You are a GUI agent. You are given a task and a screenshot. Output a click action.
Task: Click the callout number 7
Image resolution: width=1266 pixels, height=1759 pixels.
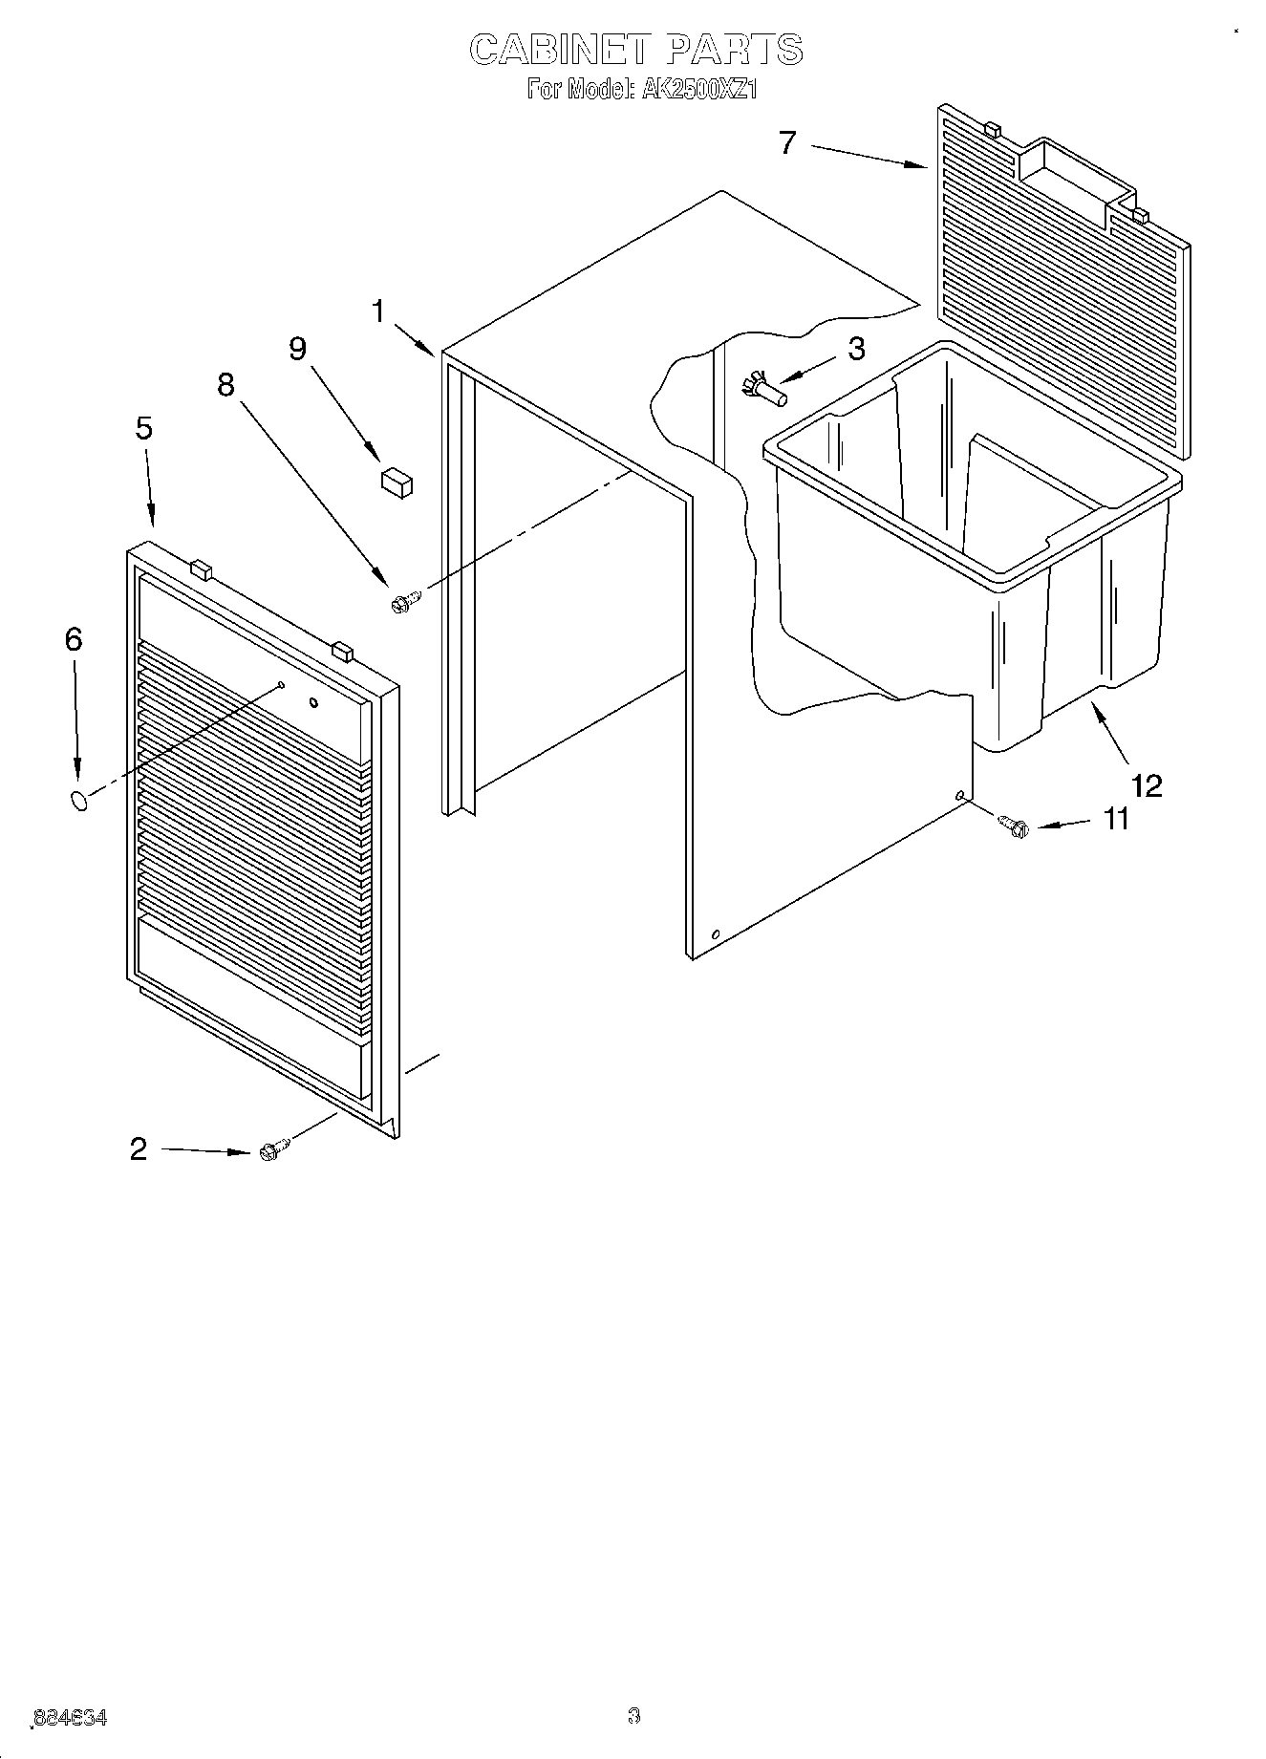point(786,143)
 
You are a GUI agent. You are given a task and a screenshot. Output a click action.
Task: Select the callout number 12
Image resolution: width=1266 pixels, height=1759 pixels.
point(1147,785)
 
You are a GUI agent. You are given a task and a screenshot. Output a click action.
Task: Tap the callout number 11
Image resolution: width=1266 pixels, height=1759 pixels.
point(1115,819)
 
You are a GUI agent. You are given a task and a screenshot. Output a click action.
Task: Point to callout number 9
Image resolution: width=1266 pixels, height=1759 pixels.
point(298,350)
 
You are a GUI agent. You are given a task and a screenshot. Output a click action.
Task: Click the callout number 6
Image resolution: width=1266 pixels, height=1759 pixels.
point(74,639)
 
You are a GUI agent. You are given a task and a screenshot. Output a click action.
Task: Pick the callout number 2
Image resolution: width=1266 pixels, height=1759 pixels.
point(139,1149)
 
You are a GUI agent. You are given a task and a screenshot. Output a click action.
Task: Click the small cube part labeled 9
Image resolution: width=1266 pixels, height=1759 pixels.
point(397,482)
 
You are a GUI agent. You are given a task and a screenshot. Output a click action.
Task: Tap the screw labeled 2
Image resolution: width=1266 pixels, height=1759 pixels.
point(272,1150)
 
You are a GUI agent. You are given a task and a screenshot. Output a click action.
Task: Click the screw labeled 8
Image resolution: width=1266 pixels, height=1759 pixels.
point(405,601)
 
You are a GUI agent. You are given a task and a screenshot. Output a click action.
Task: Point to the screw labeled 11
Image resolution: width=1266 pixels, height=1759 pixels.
point(1012,825)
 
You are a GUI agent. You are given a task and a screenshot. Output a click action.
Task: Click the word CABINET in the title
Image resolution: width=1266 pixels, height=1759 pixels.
point(558,50)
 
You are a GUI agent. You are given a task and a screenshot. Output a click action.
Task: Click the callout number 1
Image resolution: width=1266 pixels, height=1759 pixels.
point(379,311)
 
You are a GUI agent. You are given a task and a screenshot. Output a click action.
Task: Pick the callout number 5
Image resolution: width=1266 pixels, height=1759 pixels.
point(143,428)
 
